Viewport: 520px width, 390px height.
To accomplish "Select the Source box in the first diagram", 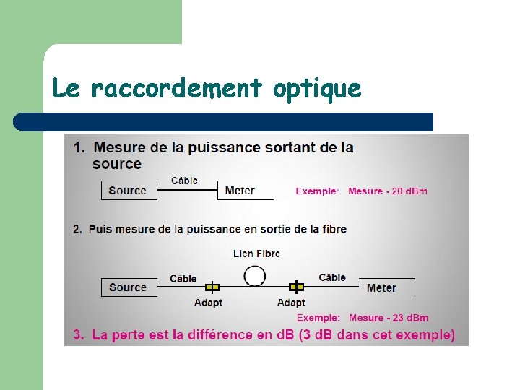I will coord(127,191).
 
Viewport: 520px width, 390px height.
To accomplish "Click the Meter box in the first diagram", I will coord(240,191).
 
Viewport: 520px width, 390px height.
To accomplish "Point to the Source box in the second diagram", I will coord(128,287).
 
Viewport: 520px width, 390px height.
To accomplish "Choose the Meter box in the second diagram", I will coord(381,287).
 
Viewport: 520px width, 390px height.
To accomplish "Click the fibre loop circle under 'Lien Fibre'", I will coord(255,275).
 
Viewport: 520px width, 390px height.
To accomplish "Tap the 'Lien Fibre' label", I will coord(256,253).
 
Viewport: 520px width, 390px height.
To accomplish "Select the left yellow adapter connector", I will coord(212,287).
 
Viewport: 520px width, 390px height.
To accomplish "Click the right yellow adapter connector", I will coord(296,287).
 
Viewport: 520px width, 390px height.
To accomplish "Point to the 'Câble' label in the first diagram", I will coord(184,181).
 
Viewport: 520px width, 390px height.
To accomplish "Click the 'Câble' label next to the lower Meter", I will coord(331,277).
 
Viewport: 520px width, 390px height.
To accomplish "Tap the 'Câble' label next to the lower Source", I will coord(183,278).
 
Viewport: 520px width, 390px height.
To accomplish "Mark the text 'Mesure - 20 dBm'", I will coord(388,191).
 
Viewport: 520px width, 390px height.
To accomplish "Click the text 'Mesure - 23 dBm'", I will coord(389,318).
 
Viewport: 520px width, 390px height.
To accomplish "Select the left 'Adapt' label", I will coord(208,303).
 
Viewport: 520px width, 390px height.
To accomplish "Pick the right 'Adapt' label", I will coord(291,303).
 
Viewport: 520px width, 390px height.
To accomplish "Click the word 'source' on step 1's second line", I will coord(117,164).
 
